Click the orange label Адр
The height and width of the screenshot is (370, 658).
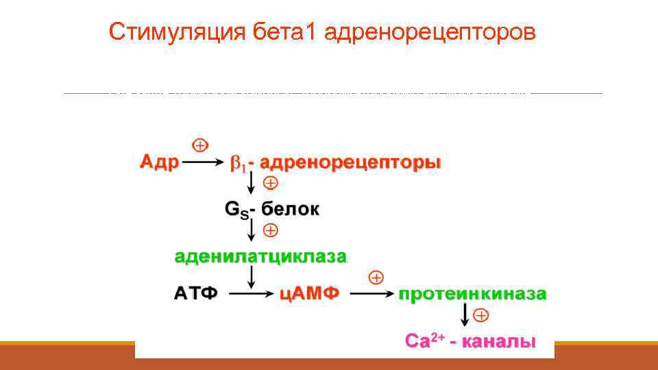159,163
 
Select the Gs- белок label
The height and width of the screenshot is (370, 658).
272,209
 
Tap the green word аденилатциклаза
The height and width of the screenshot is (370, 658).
260,257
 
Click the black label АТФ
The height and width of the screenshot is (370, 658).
195,294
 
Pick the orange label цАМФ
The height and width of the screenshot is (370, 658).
310,294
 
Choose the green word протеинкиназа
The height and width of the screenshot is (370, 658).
473,294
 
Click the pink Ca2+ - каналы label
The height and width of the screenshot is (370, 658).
470,341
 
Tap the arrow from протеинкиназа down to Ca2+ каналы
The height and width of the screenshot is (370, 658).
465,314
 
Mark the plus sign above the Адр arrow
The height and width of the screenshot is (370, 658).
199,145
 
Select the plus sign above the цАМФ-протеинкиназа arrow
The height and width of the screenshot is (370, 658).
376,277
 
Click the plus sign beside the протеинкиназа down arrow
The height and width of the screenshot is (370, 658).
482,315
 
